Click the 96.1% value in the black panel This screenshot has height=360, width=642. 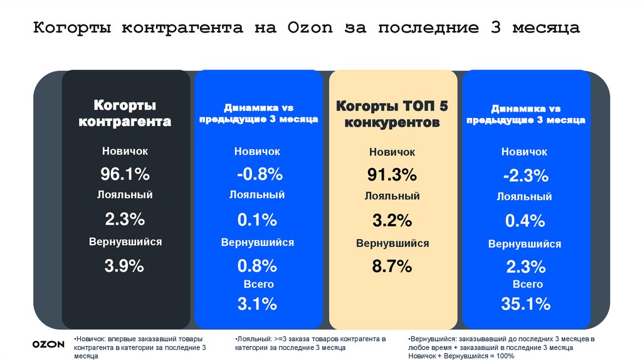[125, 174]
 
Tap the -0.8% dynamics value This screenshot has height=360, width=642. [257, 174]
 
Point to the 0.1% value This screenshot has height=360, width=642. [257, 220]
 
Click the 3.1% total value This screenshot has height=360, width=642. [257, 304]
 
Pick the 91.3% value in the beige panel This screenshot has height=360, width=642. [392, 174]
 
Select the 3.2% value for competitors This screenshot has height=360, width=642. [392, 220]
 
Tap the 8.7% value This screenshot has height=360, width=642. [392, 267]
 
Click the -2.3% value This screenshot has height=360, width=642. [525, 176]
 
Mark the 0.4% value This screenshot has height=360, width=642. [525, 221]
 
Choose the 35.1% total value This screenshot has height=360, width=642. [525, 304]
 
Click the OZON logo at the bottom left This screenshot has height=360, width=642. [48, 344]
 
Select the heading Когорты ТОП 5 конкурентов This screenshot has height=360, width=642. [392, 114]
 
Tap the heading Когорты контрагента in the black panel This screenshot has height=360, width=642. [125, 113]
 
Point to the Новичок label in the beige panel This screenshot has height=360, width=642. [392, 152]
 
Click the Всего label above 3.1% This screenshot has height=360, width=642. [258, 285]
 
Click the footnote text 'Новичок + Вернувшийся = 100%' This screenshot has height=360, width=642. [461, 356]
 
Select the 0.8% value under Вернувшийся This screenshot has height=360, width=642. [257, 265]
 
